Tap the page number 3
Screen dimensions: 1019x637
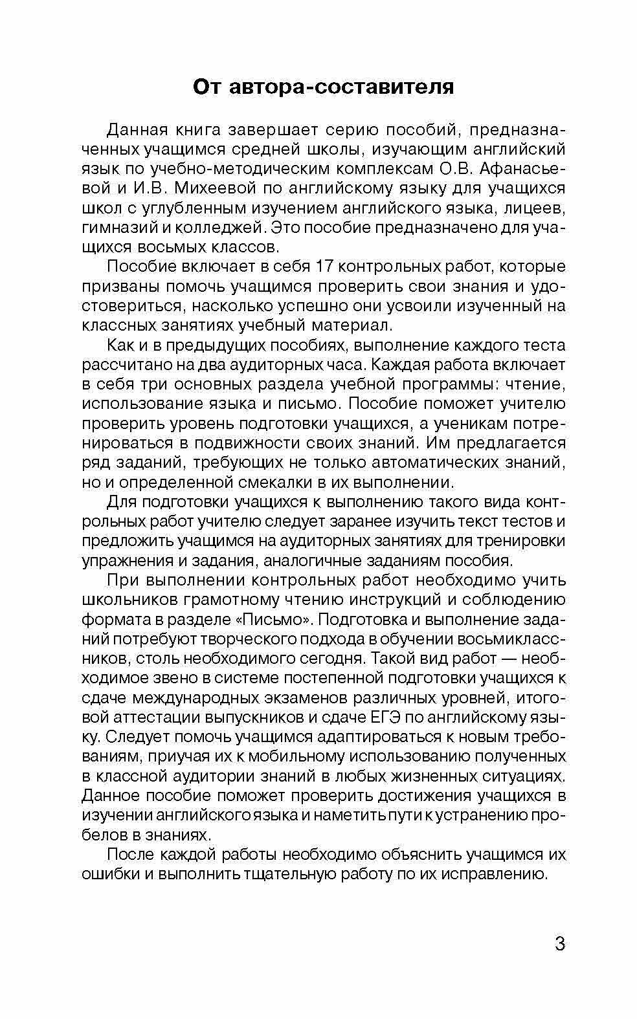click(x=560, y=943)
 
